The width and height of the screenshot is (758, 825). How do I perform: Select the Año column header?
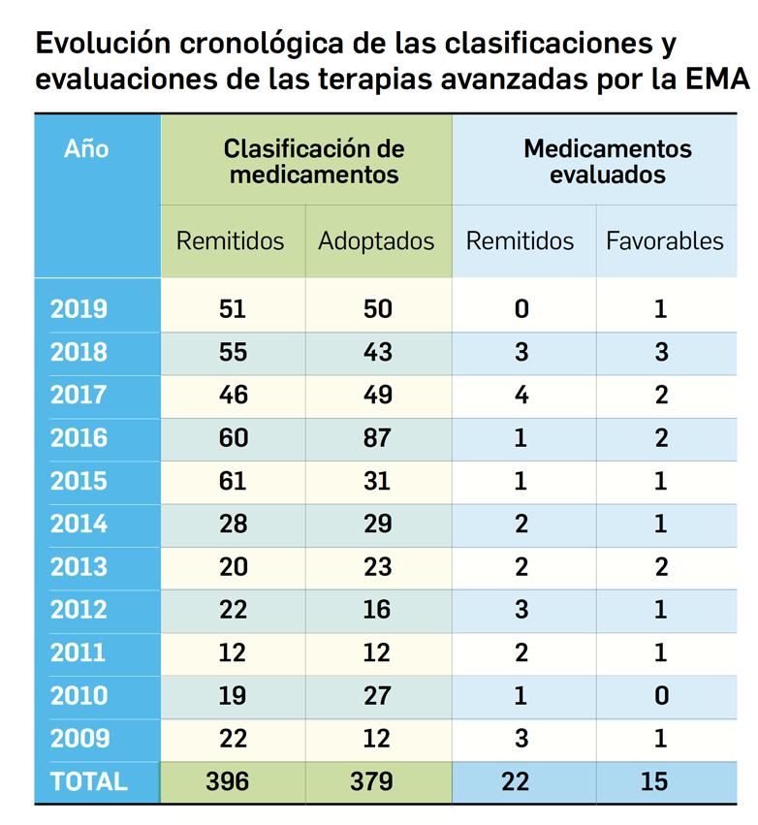[87, 149]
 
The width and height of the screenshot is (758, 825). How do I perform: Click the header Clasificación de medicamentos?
[314, 162]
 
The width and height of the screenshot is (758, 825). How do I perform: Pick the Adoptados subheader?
[376, 241]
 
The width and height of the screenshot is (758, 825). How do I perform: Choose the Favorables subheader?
[664, 241]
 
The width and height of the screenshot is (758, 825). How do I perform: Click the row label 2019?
[79, 310]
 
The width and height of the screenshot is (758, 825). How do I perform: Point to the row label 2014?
[79, 524]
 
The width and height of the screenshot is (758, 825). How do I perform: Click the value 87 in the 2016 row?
[378, 438]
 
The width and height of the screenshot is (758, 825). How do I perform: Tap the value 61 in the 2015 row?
[233, 482]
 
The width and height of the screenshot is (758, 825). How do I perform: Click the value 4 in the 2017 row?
[521, 396]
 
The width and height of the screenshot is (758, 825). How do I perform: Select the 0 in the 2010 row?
[661, 696]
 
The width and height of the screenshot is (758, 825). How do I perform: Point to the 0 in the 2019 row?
[521, 310]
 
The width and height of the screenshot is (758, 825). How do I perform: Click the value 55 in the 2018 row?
[233, 353]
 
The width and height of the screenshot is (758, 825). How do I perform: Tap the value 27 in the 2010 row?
[378, 696]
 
